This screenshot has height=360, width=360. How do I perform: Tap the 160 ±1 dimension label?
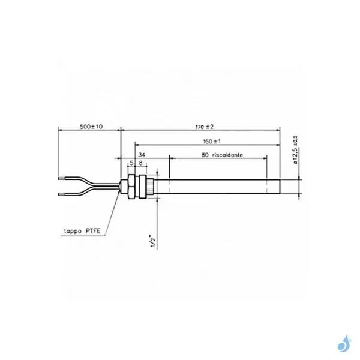click(x=207, y=142)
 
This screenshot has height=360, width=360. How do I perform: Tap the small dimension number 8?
click(x=140, y=162)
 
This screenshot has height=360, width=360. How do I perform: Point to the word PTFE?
click(x=96, y=230)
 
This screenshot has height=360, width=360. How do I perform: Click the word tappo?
click(x=75, y=230)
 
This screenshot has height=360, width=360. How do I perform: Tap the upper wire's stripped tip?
click(x=60, y=178)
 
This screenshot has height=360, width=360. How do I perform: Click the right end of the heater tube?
click(x=279, y=186)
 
